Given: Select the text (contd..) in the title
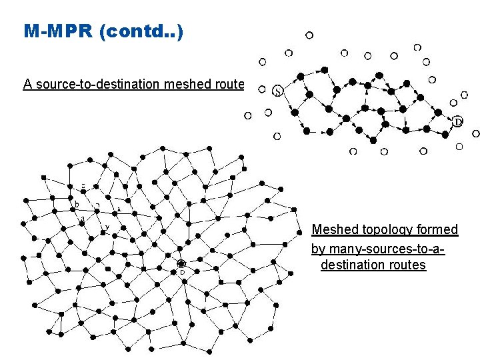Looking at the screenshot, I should [140, 31].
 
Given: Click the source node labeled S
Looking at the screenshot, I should [277, 91].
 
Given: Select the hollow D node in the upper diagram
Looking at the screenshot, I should [458, 122].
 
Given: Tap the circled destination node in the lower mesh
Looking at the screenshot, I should [181, 264].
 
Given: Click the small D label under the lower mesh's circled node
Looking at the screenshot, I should [181, 273].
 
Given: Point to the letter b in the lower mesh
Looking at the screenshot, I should [77, 204].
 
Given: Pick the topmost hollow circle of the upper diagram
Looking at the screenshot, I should [309, 35].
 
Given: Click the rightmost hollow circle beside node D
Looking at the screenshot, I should [475, 133].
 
